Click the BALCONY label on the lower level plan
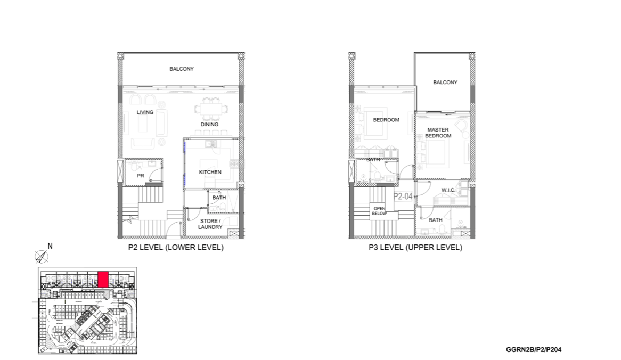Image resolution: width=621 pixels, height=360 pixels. pos(182,69)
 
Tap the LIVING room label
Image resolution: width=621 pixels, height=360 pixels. pos(145,112)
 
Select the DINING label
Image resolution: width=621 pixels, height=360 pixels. pos(209,125)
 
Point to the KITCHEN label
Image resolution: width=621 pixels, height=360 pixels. pos(210,172)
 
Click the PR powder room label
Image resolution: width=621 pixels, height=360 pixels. pos(141,175)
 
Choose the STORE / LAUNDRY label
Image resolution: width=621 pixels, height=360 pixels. pos(210,224)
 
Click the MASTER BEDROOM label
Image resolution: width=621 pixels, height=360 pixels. pos(438,133)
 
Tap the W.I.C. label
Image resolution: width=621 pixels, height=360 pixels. pos(447,190)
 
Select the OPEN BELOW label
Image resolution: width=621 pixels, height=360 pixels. pos(379,210)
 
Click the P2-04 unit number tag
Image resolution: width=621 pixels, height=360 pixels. pos(403,196)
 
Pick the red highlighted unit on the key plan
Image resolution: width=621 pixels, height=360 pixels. pos(103,279)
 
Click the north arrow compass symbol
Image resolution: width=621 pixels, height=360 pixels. pos(41,257)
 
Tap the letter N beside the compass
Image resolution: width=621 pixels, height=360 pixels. pos(51,246)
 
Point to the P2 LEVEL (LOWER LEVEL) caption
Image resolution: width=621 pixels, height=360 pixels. pos(176,248)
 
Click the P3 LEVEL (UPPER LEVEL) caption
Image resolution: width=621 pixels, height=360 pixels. pos(415,248)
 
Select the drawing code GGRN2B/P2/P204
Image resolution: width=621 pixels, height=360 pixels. pos(534,350)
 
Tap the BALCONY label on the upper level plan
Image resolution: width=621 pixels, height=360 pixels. pos(445,83)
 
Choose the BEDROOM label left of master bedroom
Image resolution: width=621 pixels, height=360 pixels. pos(386,120)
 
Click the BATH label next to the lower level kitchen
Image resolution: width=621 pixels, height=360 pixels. pos(219,198)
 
